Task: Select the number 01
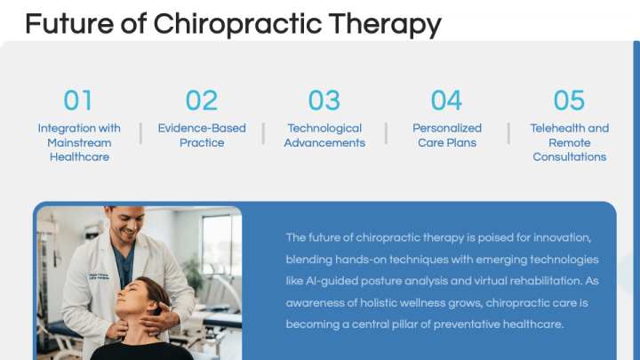(78, 100)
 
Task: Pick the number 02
(202, 100)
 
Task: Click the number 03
(324, 100)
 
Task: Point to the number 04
(447, 100)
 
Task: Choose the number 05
(570, 100)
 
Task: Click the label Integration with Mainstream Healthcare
(79, 142)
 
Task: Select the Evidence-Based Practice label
(202, 135)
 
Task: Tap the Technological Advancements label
(324, 135)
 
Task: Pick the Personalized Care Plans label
(447, 135)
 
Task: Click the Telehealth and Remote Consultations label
(570, 142)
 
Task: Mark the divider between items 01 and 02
(140, 133)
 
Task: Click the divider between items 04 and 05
(508, 133)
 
